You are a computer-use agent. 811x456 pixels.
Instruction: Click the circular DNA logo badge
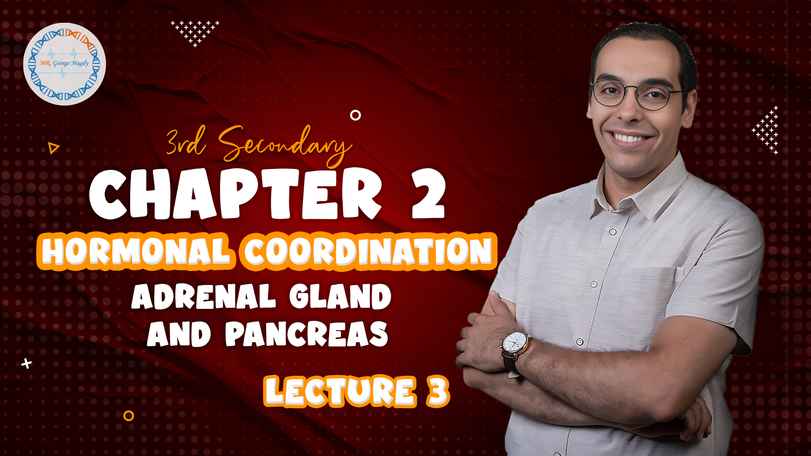(x=64, y=64)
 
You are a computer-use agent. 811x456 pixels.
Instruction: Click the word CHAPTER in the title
(x=235, y=194)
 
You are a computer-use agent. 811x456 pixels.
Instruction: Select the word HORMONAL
(x=136, y=251)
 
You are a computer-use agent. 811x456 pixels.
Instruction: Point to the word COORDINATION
(x=367, y=252)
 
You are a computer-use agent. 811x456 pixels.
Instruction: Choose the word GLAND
(x=340, y=296)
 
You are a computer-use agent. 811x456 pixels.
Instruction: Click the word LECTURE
(x=340, y=391)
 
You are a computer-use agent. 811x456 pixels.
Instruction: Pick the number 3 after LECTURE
(x=438, y=391)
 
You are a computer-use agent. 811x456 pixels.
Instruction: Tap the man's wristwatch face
(x=516, y=342)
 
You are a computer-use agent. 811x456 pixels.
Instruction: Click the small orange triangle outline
(x=53, y=148)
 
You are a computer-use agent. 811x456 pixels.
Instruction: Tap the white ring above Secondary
(x=356, y=115)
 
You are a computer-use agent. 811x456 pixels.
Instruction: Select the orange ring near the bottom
(x=128, y=416)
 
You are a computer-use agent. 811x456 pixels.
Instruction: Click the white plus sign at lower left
(x=27, y=364)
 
